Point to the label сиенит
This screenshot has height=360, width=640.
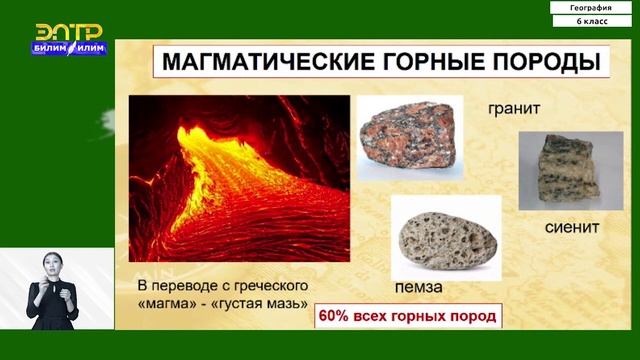click(572, 226)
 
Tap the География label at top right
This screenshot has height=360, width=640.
click(591, 8)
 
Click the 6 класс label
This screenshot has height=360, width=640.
click(591, 21)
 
